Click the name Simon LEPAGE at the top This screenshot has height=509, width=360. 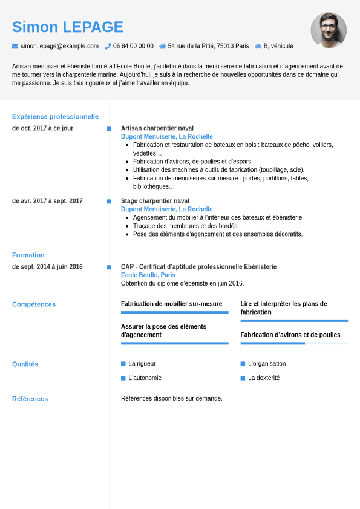click(x=68, y=27)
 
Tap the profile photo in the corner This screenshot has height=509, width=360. click(x=329, y=30)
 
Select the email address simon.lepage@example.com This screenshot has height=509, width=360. click(x=59, y=46)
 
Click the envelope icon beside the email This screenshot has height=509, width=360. click(x=15, y=46)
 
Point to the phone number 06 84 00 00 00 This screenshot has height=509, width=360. click(x=133, y=46)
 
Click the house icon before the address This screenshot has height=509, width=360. click(x=163, y=46)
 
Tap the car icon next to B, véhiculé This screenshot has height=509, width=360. click(x=258, y=46)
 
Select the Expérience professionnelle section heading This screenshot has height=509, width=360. click(x=55, y=116)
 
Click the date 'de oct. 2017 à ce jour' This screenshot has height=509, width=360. click(x=42, y=128)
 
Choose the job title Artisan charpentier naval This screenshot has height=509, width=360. click(x=157, y=128)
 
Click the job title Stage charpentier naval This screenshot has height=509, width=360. click(x=155, y=201)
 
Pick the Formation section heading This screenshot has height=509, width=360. click(x=28, y=255)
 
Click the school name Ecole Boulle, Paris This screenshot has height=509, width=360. click(x=148, y=275)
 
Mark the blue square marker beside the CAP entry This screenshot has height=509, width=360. click(x=109, y=267)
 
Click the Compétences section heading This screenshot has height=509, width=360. click(x=34, y=304)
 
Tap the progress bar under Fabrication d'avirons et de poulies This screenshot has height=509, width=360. click(x=294, y=343)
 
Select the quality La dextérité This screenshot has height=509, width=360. click(x=264, y=378)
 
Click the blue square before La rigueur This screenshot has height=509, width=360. click(x=123, y=364)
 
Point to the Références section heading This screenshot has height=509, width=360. click(x=30, y=399)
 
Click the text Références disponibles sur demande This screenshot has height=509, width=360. click(x=172, y=398)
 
